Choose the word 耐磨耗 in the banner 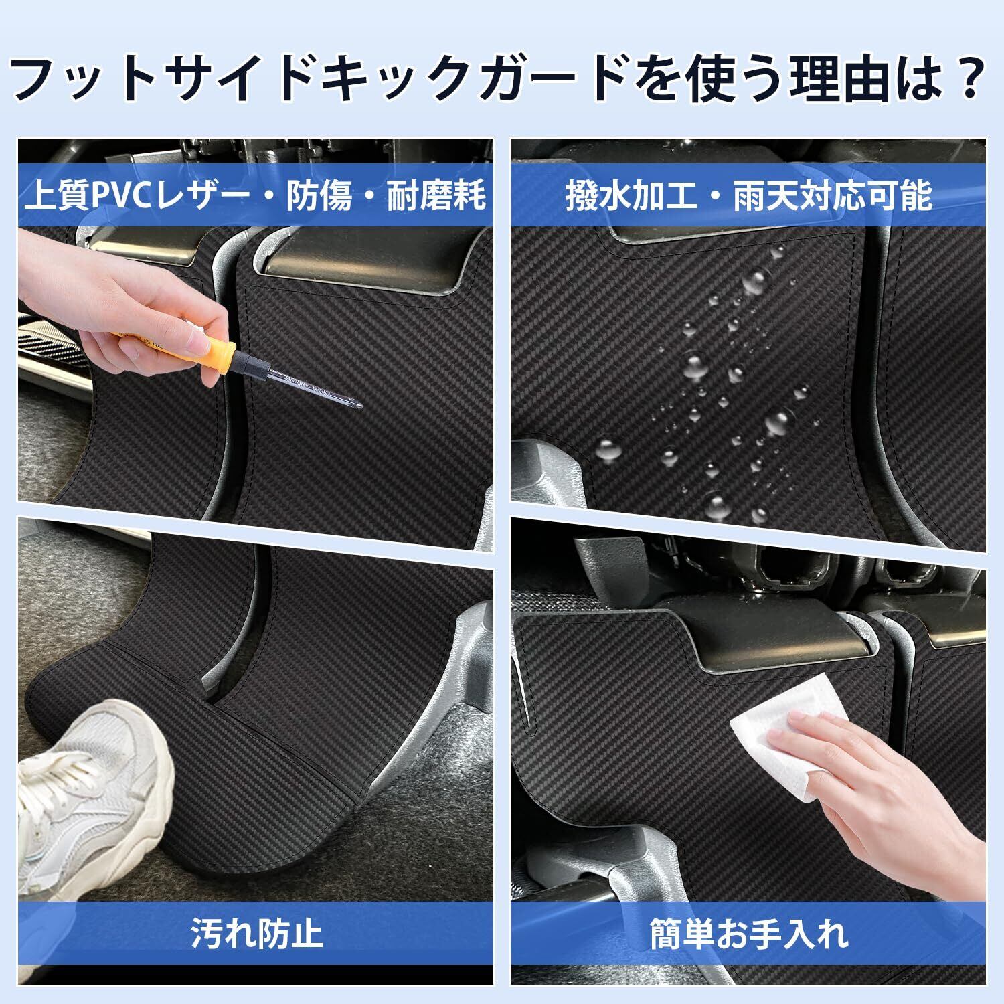437,196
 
